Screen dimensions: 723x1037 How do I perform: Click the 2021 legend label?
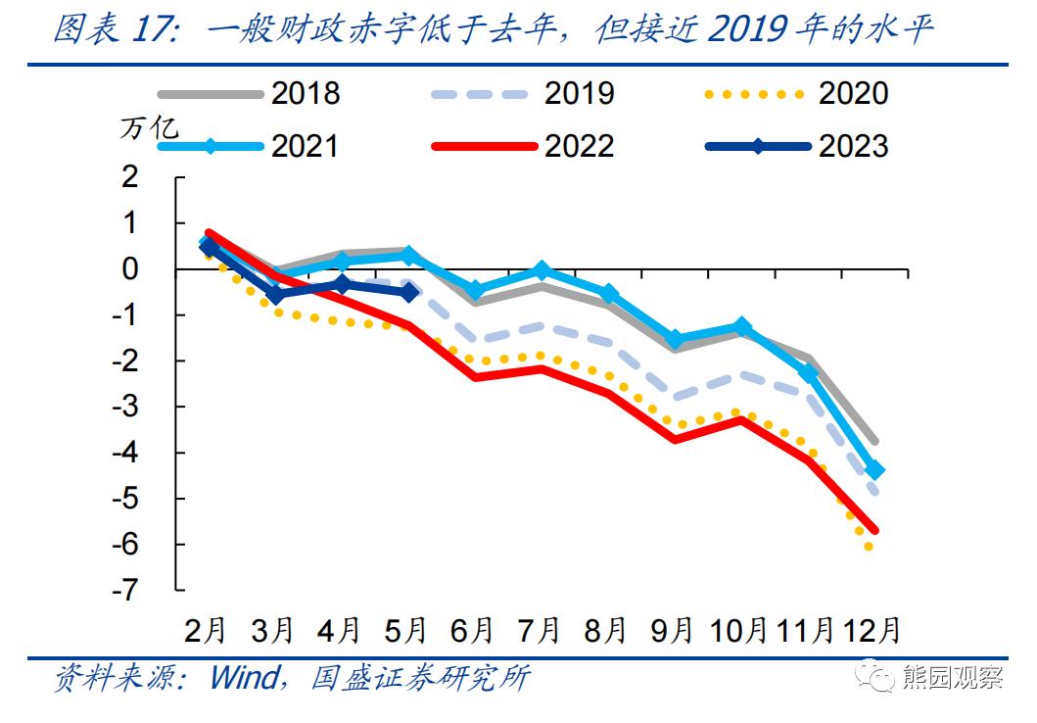point(305,146)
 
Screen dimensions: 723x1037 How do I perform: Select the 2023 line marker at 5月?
point(409,292)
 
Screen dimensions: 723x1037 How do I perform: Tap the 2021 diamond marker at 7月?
point(542,270)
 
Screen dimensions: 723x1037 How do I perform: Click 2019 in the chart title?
point(747,29)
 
